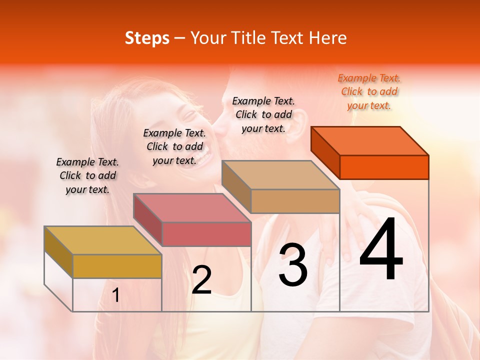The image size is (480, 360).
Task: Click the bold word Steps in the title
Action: coord(147,38)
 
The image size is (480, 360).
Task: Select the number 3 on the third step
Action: coord(293,265)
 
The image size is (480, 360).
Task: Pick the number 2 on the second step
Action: coord(201,280)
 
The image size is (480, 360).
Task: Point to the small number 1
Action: coord(115,295)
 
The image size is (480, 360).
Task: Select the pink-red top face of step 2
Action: coord(192,208)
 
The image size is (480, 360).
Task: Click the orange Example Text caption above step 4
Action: coord(369,91)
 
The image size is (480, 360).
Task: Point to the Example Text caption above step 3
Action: coord(263,114)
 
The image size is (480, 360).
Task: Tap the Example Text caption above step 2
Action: coord(174,146)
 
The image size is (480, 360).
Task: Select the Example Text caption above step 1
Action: coord(87,175)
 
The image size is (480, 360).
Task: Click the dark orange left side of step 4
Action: coord(325,152)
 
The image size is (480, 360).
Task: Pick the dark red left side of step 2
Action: coord(147,219)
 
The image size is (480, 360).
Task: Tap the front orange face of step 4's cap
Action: coord(384,167)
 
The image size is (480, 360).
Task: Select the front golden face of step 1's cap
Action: coord(117,266)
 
